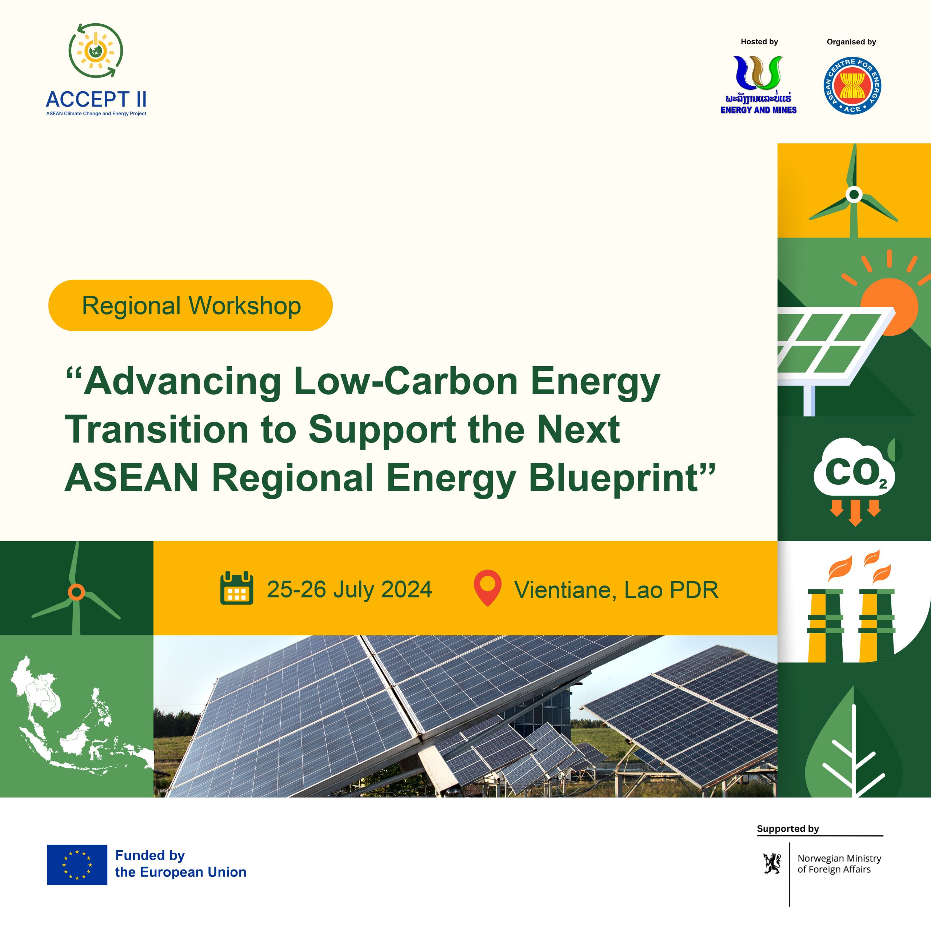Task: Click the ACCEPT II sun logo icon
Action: pyautogui.click(x=95, y=50)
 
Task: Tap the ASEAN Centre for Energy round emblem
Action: pyautogui.click(x=852, y=86)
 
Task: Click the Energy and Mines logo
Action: pyautogui.click(x=759, y=85)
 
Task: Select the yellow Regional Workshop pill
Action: pyautogui.click(x=190, y=305)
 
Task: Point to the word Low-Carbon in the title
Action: pyautogui.click(x=405, y=381)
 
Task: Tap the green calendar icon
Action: pyautogui.click(x=237, y=588)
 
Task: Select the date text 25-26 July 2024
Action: pyautogui.click(x=349, y=590)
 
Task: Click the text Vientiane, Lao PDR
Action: pyautogui.click(x=616, y=590)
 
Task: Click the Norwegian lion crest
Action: pyautogui.click(x=772, y=864)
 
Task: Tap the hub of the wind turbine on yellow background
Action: pyautogui.click(x=854, y=195)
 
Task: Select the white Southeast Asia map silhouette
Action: pyautogui.click(x=72, y=718)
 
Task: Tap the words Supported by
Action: pyautogui.click(x=788, y=829)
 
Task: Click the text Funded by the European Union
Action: pyautogui.click(x=180, y=863)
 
